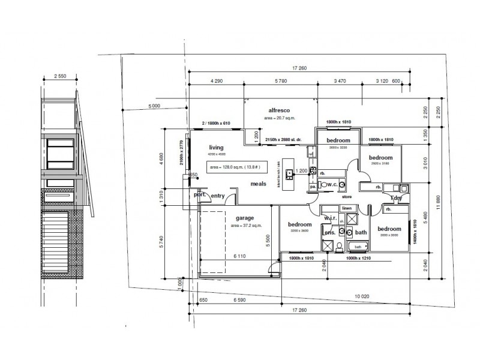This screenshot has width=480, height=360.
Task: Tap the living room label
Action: pos(216,148)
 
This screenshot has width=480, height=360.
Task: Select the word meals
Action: pos(259,184)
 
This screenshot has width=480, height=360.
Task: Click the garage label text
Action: pos(245,218)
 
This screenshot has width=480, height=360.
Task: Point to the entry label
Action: pos(218,194)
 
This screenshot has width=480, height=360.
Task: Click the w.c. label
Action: pos(330,185)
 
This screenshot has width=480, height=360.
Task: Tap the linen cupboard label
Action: pos(346,208)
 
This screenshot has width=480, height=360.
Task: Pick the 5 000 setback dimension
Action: pos(154,106)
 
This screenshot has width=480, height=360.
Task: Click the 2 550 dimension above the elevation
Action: pos(60,76)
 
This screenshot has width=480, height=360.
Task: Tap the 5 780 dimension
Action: pos(279,80)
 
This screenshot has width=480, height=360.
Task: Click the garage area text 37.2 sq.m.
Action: pos(245,226)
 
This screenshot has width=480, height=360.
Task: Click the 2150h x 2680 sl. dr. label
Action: pos(282,139)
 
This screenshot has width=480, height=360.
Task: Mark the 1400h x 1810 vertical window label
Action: pos(414,230)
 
